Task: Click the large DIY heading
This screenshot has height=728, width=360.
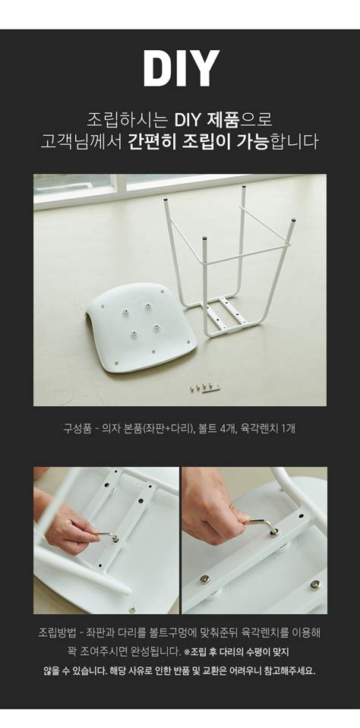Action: tap(181, 68)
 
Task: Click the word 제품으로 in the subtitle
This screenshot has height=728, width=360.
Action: tap(223, 120)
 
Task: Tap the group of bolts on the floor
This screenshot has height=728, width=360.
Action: tap(204, 386)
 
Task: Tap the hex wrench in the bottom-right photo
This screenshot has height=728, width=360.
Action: tap(261, 525)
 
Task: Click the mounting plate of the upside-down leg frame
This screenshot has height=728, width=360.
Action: tap(226, 314)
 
